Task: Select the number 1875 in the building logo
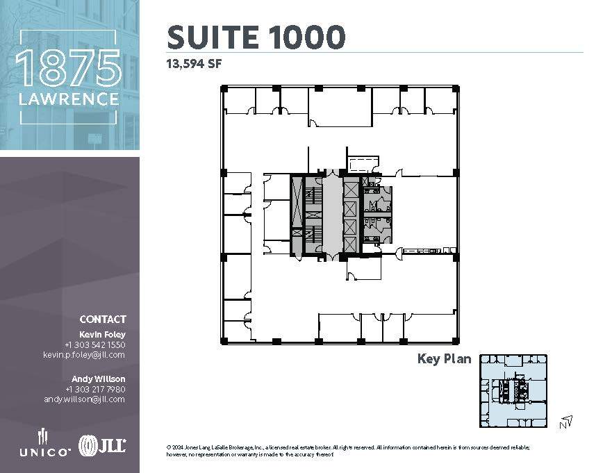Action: click(x=68, y=69)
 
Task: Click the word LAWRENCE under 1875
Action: click(x=68, y=99)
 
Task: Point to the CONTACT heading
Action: click(x=103, y=320)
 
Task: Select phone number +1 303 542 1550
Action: click(x=94, y=345)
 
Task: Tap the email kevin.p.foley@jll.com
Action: click(x=84, y=355)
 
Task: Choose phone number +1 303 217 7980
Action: click(x=94, y=389)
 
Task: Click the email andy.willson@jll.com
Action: click(x=84, y=399)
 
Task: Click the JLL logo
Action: click(x=102, y=445)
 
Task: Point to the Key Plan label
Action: click(x=444, y=359)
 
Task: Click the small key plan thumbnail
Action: click(x=513, y=390)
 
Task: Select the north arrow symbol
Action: click(x=567, y=421)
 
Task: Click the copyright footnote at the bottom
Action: click(x=348, y=451)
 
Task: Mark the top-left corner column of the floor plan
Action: click(x=224, y=88)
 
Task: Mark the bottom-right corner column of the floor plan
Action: click(x=456, y=340)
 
